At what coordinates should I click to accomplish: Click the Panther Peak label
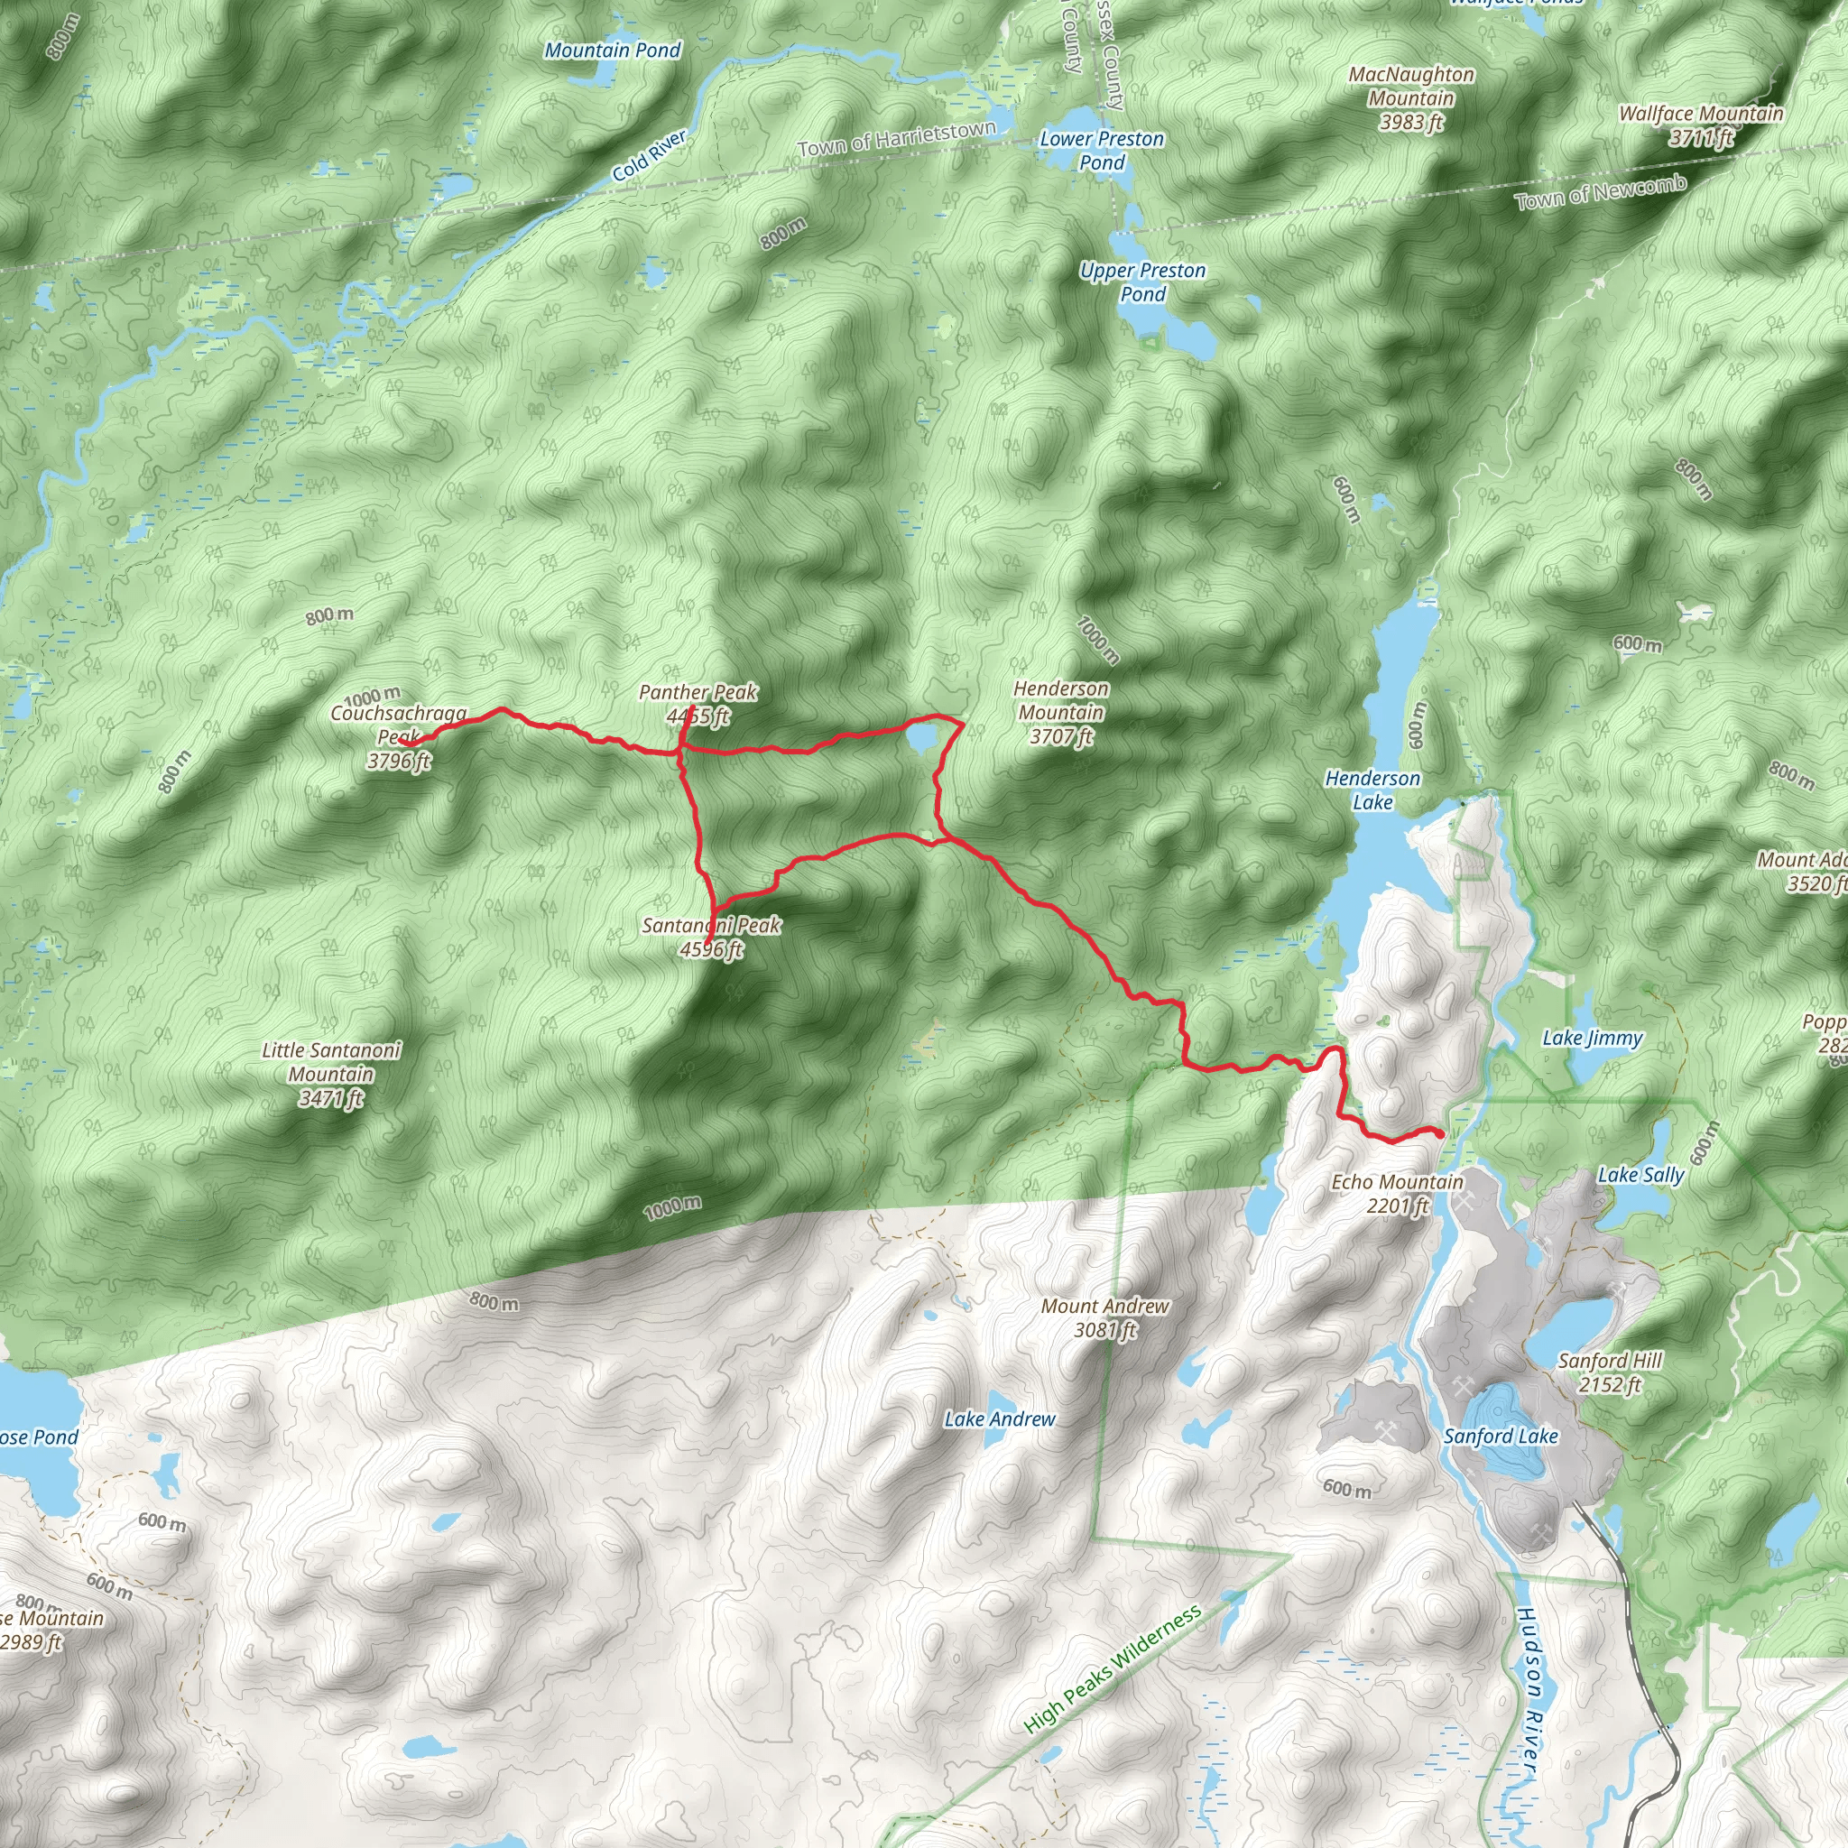point(698,703)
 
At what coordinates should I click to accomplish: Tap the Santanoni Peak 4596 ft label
point(712,937)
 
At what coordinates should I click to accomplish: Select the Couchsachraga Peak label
point(399,736)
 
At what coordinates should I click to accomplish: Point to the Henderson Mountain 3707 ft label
point(1061,713)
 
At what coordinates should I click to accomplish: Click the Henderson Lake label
point(1372,790)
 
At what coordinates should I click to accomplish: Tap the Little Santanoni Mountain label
point(331,1073)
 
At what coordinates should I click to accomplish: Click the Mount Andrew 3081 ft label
point(1104,1317)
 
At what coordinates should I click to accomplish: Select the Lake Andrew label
point(1000,1419)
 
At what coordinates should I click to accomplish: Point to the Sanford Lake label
point(1501,1436)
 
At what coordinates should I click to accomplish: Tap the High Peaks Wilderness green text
point(1113,1669)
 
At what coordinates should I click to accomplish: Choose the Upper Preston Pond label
point(1143,282)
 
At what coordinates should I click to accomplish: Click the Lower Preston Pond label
point(1102,150)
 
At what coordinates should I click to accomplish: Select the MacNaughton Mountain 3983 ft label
point(1411,97)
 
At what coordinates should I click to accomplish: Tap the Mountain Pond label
point(612,50)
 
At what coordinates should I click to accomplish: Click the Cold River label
point(650,156)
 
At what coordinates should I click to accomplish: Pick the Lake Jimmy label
point(1593,1038)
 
